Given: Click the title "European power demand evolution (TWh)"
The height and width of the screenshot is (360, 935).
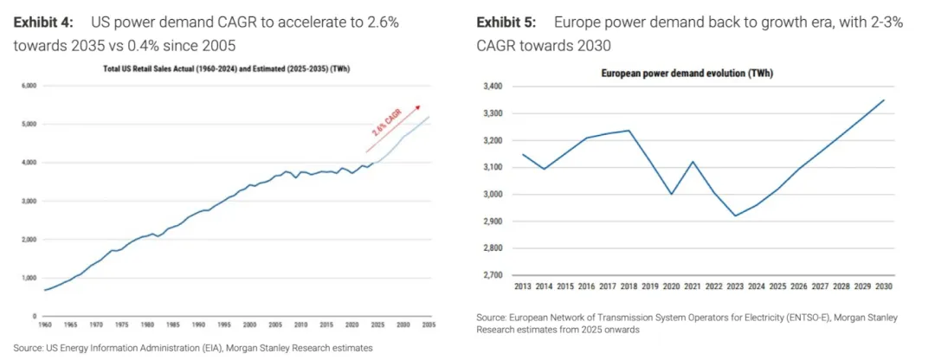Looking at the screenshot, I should coord(687,74).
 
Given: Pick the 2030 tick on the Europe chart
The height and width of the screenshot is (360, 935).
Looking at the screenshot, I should coord(883,287).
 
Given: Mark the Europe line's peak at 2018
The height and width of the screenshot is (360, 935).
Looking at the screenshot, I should coord(628,131).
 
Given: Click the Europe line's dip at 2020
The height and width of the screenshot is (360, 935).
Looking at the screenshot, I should coord(670,194).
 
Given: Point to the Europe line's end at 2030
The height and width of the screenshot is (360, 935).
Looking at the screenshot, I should coord(883,100).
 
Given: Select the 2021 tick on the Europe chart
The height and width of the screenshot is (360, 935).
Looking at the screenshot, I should coord(692,287).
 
